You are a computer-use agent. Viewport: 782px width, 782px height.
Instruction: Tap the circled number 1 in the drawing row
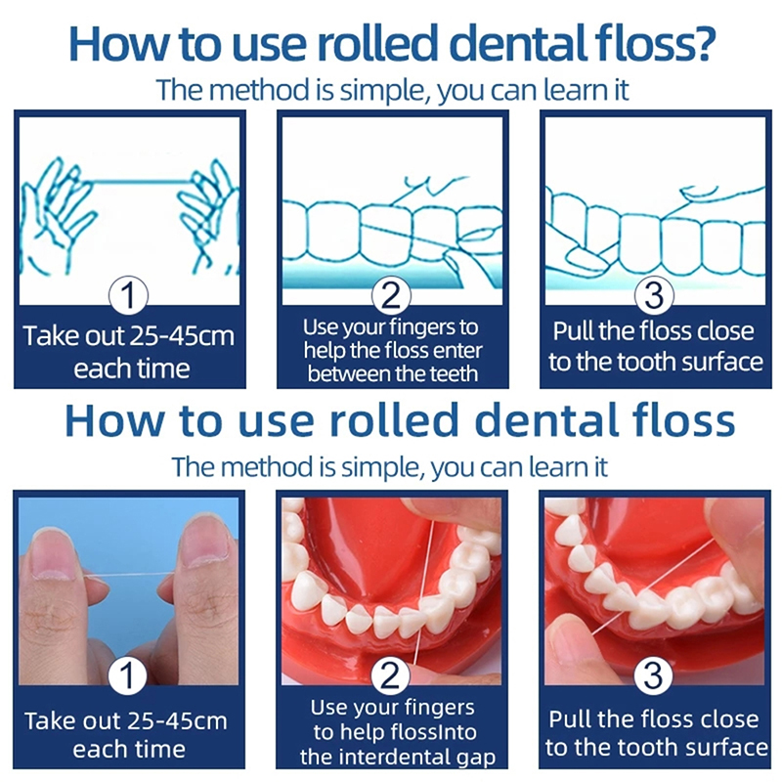(x=128, y=295)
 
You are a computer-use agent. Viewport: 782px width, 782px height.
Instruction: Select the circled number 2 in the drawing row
(x=391, y=295)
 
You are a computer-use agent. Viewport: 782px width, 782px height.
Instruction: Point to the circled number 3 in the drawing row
(x=654, y=295)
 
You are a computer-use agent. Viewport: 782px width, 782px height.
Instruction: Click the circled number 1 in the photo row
(x=127, y=675)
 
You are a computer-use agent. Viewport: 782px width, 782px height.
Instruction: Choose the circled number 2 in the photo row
(x=390, y=675)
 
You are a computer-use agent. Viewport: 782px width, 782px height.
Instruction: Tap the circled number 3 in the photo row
(x=653, y=675)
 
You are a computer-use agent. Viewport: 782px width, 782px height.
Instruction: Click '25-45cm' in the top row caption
(x=182, y=336)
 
